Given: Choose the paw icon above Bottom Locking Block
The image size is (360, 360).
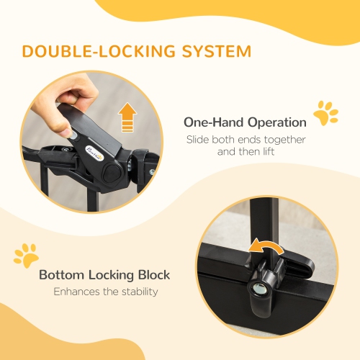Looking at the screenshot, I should pyautogui.click(x=27, y=255).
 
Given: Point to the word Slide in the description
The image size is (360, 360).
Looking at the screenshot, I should pyautogui.click(x=199, y=140).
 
